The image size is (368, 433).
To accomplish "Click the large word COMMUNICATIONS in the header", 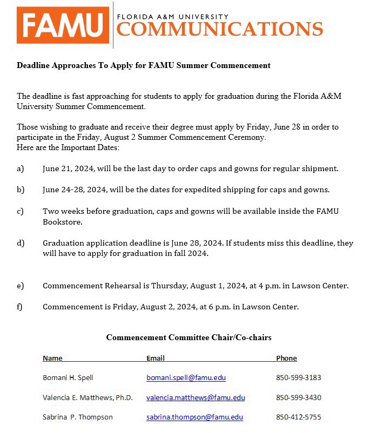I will click(x=220, y=29).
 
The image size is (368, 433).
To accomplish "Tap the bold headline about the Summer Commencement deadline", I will click(x=143, y=65).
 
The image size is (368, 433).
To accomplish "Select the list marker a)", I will click(x=21, y=168).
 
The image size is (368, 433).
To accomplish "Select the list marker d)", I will click(x=21, y=243).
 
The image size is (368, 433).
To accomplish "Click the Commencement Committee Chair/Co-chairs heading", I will click(x=189, y=337).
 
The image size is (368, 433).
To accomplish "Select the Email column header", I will click(x=156, y=358).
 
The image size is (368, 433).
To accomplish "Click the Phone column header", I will click(x=286, y=358).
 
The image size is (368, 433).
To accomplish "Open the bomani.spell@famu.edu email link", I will click(x=186, y=378).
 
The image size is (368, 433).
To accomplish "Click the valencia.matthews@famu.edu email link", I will click(x=196, y=398).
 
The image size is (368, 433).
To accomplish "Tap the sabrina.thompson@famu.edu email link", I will click(x=195, y=417).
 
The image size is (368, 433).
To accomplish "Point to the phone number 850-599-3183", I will click(x=298, y=378).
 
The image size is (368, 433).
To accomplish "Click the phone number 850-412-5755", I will click(x=298, y=417).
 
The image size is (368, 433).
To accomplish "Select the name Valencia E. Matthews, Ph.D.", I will click(x=88, y=398).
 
